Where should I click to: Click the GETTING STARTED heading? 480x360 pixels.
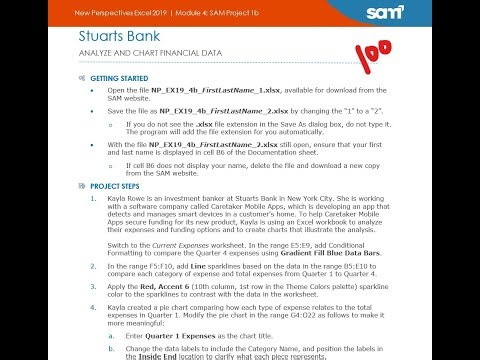tap(118, 77)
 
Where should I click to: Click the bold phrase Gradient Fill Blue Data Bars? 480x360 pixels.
tap(328, 253)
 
